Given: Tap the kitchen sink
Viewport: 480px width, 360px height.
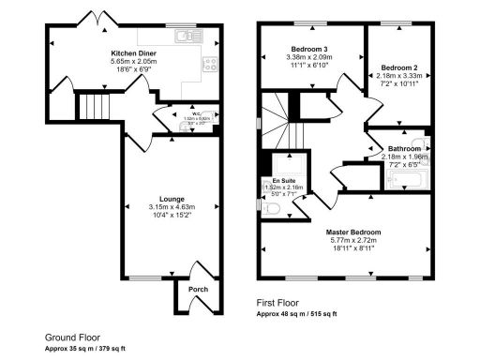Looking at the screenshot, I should point(190,37).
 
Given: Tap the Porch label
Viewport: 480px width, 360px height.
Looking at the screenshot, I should point(198,290).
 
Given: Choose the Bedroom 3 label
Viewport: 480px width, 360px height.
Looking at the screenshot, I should point(309,48).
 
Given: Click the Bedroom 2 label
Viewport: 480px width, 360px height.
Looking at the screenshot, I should point(398,67).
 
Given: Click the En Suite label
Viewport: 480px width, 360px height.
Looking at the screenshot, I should point(282,180).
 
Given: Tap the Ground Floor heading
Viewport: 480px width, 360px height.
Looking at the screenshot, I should point(73,337).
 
